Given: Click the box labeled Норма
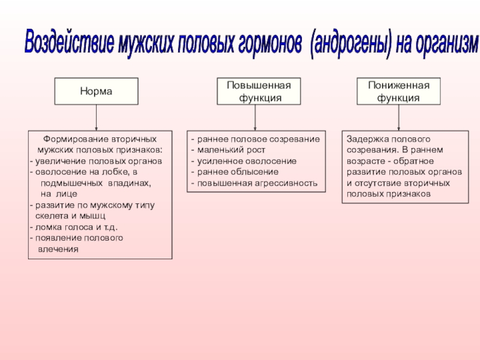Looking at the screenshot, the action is tap(97, 92).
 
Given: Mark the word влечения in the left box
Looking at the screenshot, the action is tap(58, 248).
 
